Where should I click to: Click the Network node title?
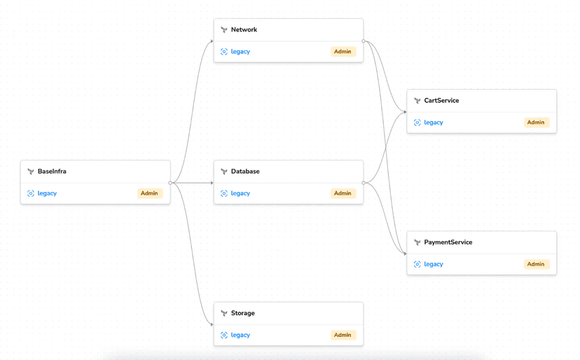coord(244,29)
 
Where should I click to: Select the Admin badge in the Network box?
coord(343,51)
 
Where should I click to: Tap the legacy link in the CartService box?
coord(434,123)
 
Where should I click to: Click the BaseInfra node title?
coord(52,171)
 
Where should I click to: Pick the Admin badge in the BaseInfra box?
coord(149,193)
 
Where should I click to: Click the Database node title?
coord(245,171)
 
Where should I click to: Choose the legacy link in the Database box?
coord(240,193)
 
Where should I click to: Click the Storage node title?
coord(243,313)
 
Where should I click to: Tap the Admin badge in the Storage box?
coord(343,335)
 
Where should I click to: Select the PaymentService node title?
coord(448,242)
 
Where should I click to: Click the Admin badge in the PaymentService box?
coord(536,264)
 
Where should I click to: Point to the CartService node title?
coord(441,100)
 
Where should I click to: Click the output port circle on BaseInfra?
coord(170,183)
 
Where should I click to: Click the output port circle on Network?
coord(364,41)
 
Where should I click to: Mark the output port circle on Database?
coord(364,183)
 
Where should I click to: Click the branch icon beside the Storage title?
coord(224,313)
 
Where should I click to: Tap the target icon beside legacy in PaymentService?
coord(417,264)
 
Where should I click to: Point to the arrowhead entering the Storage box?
coord(211,324)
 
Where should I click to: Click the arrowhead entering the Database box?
coord(211,183)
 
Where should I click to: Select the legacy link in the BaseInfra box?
coord(47,193)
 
